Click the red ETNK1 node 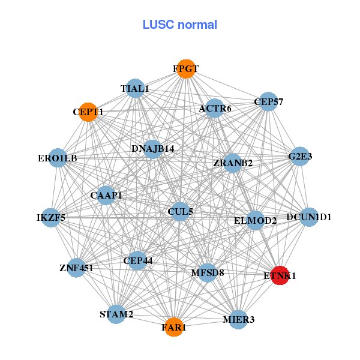coord(280,275)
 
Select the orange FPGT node coord(186,69)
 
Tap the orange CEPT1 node coord(88,112)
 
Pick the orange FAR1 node coord(174,327)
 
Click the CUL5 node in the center coord(180,211)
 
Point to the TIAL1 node coord(135,89)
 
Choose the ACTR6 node coord(215,109)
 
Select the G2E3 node coord(300,157)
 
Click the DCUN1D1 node coord(308,217)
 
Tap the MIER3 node coord(239,319)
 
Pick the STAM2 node coord(116,314)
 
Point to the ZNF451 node coord(76,268)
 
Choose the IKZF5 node coord(51,217)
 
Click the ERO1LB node coord(58,158)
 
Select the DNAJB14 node coord(152,148)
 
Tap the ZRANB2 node coord(233,163)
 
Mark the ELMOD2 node coord(256,220)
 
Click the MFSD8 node coord(207,273)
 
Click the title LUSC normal coord(180,25)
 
